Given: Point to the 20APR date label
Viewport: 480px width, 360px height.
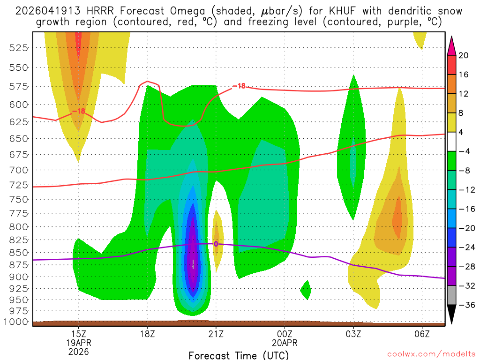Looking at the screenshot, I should point(285,343).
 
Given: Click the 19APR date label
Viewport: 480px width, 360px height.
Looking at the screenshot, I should point(78,343).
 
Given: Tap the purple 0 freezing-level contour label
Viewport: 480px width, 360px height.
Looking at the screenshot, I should point(216,244).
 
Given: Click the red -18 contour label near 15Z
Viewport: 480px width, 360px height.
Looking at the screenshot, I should point(78,111).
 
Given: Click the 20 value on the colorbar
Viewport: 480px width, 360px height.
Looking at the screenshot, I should point(464,55).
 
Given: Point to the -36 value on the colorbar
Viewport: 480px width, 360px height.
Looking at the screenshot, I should point(465,305).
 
